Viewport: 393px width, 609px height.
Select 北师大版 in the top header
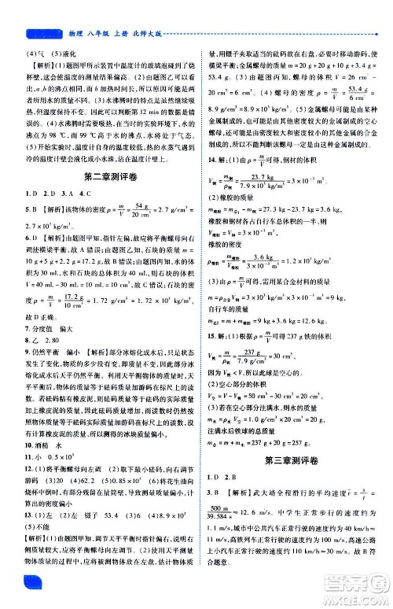coord(150,35)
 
